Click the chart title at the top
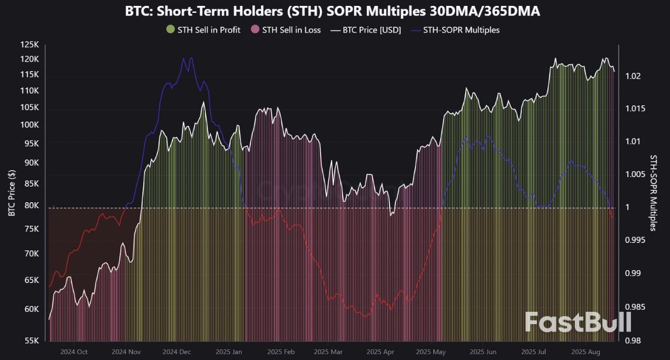332,11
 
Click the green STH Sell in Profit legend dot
171,30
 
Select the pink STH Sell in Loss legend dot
255,30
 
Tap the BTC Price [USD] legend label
372,30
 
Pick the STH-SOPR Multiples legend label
461,30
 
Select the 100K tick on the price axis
30,125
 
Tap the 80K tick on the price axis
32,205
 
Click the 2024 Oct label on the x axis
74,352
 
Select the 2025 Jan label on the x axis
229,352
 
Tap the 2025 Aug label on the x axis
585,352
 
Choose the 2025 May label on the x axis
430,352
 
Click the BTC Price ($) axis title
12,193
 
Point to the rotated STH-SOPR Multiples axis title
653,193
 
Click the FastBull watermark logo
578,322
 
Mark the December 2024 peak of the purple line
184,58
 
